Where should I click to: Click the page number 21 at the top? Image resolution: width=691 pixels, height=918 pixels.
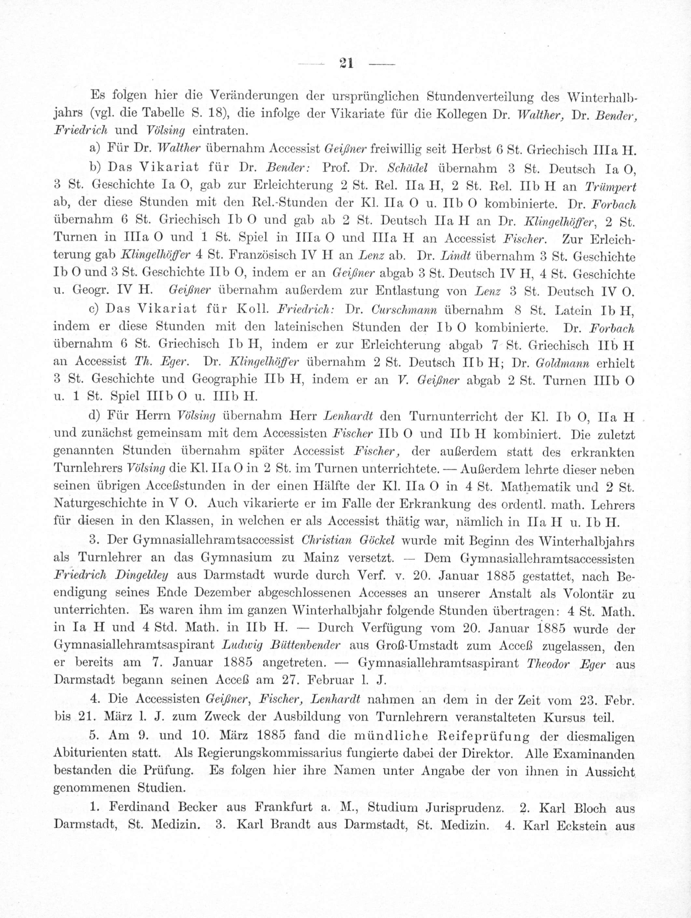[346, 63]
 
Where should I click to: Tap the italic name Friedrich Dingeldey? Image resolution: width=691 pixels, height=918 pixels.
[112, 576]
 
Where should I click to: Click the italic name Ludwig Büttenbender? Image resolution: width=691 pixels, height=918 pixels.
[282, 646]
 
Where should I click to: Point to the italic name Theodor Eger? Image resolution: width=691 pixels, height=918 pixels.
[566, 664]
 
